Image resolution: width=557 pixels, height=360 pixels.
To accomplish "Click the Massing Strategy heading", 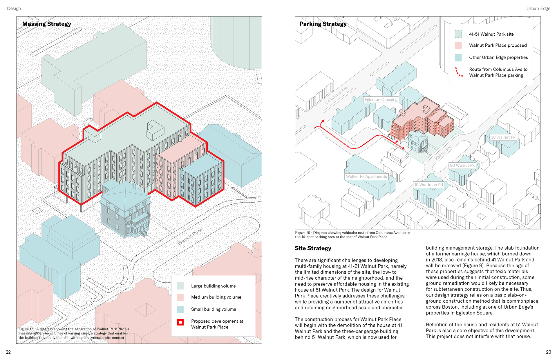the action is coord(46,24).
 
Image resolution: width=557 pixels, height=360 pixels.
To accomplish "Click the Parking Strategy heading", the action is coord(323,24).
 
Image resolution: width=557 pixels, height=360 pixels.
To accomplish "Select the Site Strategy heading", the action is coord(313,248).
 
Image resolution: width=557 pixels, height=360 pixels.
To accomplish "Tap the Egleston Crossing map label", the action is coord(381,100).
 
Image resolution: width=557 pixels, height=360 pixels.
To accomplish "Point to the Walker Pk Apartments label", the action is coord(366,177).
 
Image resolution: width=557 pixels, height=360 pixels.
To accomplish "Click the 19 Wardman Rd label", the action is coord(428,185).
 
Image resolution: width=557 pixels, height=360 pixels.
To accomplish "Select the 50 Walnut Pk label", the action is coord(462,166).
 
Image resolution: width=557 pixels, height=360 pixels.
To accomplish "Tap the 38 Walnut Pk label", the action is coord(503,137).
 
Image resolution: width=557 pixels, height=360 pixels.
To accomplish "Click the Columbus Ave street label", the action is coord(336,95).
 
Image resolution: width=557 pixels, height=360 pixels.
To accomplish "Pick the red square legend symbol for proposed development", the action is coord(180,322).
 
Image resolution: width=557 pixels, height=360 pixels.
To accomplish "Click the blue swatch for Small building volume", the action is coord(180,309).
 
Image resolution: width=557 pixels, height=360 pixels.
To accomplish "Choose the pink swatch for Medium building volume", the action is coord(180,297).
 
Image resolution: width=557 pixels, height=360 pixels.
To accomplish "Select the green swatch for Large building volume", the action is coord(180,286).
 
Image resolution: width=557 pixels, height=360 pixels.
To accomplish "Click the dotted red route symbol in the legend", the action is coord(458,72).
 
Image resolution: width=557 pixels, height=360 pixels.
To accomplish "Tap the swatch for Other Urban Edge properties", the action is coord(458,57).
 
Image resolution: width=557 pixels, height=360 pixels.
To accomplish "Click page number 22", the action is coord(8,352).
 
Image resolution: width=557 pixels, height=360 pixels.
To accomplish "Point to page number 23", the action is coord(548,352).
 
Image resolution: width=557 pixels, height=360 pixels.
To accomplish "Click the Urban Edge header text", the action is coord(538,8).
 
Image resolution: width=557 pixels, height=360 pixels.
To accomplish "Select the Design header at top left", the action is coord(14,8).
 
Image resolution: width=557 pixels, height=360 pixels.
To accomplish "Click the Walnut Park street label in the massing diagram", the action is coord(189,237).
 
